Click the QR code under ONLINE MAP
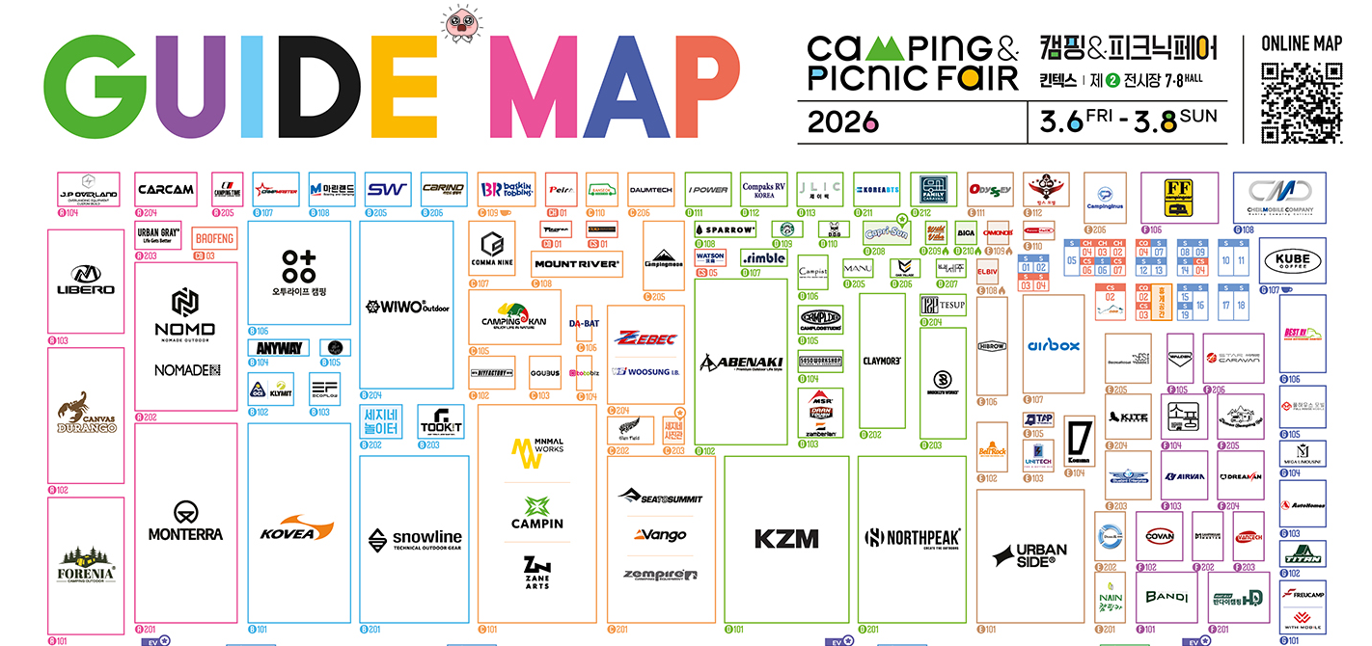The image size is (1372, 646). point(1301,102)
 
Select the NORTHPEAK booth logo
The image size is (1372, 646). point(912,537)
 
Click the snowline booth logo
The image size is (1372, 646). point(415,539)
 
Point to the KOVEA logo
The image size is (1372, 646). point(297,530)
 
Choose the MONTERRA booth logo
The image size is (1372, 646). point(185,523)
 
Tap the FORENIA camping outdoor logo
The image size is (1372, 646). point(87,564)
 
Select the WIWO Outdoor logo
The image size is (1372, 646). point(407,308)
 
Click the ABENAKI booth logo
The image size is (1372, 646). point(740,363)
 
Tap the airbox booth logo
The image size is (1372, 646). point(1054,344)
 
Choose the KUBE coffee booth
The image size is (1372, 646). point(1292,261)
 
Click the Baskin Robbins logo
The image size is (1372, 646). point(507,190)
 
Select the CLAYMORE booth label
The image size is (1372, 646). point(882,361)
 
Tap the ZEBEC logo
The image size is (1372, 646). point(647,339)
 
